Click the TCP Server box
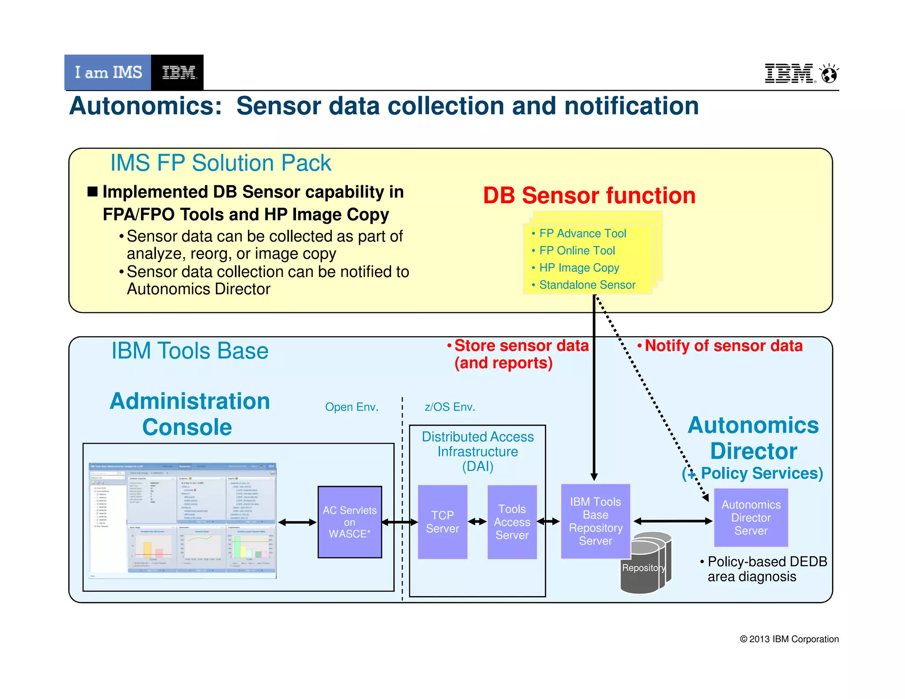442,522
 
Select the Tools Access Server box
512,522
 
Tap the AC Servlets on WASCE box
350,522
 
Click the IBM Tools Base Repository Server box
595,521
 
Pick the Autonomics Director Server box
751,517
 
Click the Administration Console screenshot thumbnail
182,520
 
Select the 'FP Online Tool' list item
577,251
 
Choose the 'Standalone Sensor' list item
587,285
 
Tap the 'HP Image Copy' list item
579,268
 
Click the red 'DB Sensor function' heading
589,195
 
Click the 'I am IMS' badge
108,72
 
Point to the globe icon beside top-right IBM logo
829,74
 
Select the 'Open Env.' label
352,407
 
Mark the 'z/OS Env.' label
449,407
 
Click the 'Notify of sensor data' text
723,346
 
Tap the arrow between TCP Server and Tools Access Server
477,522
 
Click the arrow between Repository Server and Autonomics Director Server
673,521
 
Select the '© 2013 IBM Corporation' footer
789,639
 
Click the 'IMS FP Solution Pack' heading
221,163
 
